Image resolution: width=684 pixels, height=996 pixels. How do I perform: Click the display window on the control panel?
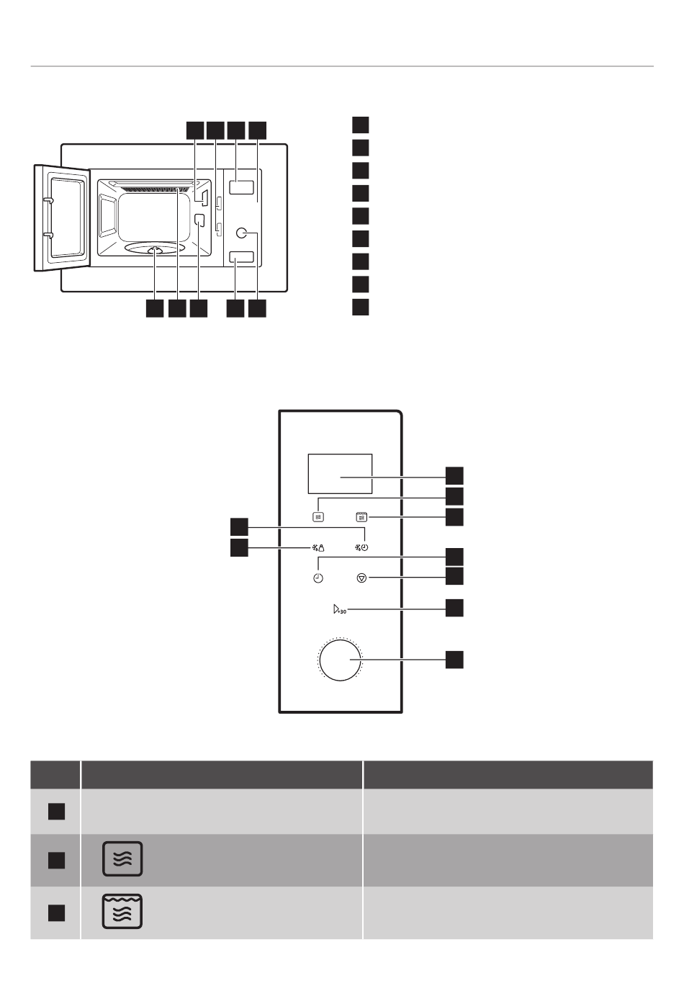click(339, 474)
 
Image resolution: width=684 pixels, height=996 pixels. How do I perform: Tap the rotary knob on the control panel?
click(340, 659)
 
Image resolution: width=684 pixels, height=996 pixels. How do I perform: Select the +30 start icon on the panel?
click(340, 610)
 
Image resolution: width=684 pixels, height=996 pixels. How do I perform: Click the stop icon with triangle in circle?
click(361, 578)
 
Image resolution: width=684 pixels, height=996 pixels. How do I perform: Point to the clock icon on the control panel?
click(318, 578)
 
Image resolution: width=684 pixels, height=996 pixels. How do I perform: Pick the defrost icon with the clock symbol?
click(361, 548)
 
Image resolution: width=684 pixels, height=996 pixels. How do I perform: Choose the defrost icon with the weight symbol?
click(319, 548)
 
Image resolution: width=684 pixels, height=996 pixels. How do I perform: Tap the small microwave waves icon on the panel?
click(319, 516)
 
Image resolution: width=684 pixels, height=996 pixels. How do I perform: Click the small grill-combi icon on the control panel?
click(361, 516)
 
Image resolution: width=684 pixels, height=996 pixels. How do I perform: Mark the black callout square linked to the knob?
click(454, 659)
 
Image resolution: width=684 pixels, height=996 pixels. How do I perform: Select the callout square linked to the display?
click(454, 475)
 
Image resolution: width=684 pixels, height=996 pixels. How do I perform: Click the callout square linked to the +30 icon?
click(454, 607)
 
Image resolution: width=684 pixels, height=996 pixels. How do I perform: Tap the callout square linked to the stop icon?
click(454, 575)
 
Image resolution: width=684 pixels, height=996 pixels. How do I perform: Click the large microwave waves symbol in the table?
click(123, 858)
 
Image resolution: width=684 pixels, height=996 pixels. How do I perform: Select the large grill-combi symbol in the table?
click(123, 911)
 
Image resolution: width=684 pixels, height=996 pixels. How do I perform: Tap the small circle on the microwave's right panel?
click(242, 232)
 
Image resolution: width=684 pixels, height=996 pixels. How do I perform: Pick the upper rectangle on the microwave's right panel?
click(242, 187)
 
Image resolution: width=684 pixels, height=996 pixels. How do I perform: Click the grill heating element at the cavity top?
click(155, 189)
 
